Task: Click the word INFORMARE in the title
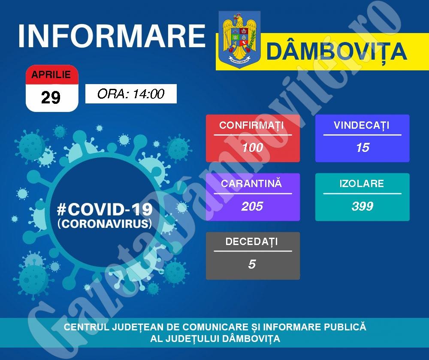(112, 36)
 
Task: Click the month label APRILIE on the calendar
(51, 74)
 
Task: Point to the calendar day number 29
(51, 97)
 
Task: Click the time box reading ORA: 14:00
(131, 94)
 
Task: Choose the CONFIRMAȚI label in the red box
(251, 126)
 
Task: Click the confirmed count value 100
(252, 148)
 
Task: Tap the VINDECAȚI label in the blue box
(361, 126)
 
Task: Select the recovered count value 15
(363, 148)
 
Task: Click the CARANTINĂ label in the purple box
(251, 184)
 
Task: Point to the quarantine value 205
(252, 206)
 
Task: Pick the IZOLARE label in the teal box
(362, 184)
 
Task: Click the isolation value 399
(363, 206)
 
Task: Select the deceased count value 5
(252, 264)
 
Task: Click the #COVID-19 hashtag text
(105, 209)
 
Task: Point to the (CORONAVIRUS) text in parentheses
(105, 224)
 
